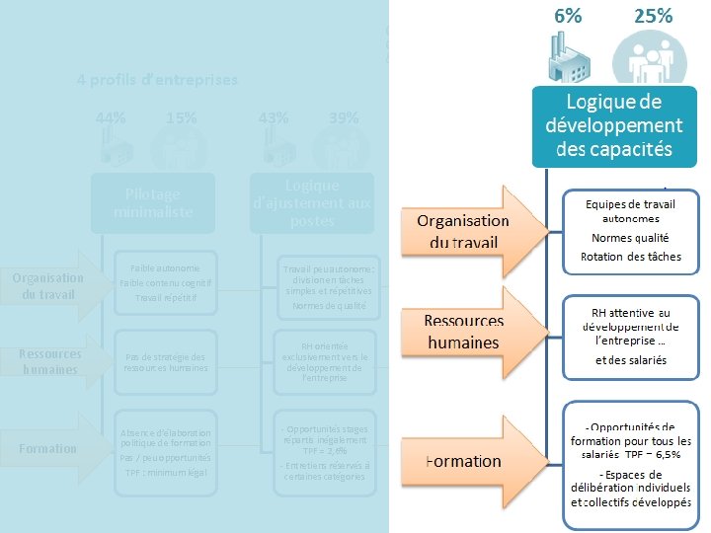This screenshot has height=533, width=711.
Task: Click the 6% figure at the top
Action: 568,16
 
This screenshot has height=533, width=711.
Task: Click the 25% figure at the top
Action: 653,16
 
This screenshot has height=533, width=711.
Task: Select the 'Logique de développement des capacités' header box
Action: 608,125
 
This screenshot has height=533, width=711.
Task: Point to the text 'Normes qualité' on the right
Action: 630,237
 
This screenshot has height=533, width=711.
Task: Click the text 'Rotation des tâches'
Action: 630,257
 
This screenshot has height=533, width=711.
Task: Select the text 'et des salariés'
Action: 630,360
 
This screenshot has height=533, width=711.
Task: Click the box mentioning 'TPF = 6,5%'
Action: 631,457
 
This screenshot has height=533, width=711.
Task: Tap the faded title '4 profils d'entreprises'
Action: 158,79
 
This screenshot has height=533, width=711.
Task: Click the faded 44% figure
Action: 111,117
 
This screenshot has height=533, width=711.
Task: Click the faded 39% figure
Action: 344,117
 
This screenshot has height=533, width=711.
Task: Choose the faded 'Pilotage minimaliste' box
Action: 153,202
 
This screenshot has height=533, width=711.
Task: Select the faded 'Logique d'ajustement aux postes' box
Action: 312,203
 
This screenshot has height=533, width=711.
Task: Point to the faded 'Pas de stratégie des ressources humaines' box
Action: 165,363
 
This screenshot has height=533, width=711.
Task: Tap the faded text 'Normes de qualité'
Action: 329,306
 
